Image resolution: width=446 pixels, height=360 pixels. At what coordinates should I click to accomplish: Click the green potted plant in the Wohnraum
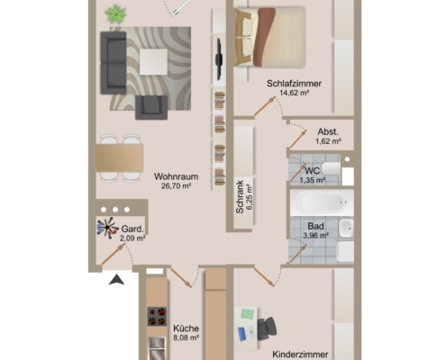point(115,13)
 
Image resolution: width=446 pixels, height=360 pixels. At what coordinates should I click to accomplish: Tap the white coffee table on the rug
point(153,62)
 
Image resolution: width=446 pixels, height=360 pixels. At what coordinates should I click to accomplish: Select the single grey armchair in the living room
point(151,107)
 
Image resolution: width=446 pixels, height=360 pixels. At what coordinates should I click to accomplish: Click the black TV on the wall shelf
point(219,59)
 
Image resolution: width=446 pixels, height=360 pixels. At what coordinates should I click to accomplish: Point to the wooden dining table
point(120,158)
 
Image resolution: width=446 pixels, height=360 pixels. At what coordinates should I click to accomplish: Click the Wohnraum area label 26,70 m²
point(177,186)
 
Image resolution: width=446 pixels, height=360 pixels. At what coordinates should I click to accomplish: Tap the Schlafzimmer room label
point(294,84)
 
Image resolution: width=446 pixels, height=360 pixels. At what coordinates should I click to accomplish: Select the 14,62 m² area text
point(295,93)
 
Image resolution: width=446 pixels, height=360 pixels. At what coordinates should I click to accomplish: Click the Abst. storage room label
point(328,131)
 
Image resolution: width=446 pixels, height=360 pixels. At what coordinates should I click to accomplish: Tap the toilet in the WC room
point(332,168)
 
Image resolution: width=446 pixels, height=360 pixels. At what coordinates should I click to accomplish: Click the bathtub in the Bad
point(322,202)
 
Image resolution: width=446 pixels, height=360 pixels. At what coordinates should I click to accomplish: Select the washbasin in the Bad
point(346,229)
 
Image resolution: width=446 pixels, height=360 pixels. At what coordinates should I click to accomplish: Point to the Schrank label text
point(240,197)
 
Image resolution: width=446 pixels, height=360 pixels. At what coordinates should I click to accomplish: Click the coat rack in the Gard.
point(107,228)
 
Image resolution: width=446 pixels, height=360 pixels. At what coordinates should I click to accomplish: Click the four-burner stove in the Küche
point(157,316)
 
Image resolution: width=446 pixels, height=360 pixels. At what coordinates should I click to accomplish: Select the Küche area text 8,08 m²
point(187,337)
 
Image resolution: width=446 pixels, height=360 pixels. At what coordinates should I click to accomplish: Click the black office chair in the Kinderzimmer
point(267,328)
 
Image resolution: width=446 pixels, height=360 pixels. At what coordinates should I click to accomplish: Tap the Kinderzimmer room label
point(300,355)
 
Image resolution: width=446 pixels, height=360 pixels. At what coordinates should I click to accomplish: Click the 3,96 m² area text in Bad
point(315,236)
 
